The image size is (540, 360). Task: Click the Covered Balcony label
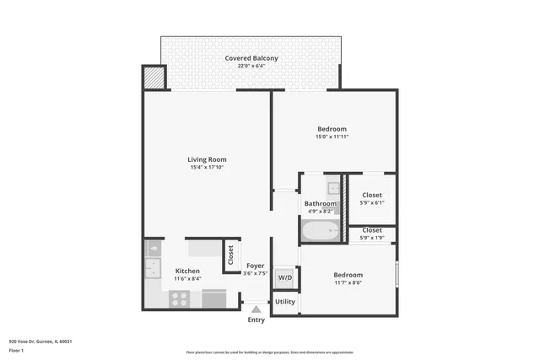(251, 58)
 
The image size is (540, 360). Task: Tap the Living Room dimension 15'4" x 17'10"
(207, 168)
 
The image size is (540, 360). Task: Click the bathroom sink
(334, 188)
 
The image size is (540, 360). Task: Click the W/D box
(285, 277)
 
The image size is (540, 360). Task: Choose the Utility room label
(285, 301)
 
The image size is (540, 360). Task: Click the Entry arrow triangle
(256, 309)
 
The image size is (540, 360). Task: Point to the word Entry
(256, 320)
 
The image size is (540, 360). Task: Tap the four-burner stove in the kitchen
(180, 298)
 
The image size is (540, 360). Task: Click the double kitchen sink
(153, 269)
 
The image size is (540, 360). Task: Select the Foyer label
(256, 266)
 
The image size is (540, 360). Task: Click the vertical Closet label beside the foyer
(230, 255)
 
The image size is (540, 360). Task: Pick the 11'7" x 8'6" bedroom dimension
(348, 283)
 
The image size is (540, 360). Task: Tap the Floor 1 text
(16, 349)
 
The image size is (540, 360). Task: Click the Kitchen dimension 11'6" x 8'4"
(187, 279)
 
